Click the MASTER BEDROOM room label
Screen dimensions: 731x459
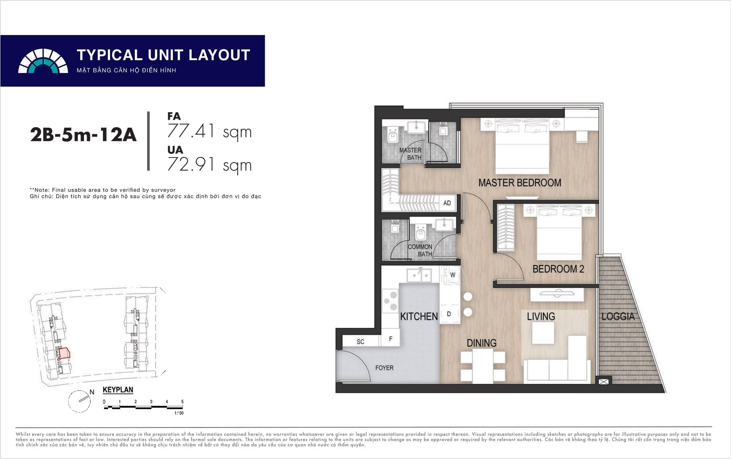520,183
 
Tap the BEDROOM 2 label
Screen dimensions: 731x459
558,269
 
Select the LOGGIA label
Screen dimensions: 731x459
618,317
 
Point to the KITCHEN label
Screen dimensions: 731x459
419,317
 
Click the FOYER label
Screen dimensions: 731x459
384,368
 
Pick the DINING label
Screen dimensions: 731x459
481,343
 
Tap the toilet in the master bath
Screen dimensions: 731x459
393,135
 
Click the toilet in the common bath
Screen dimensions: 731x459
421,232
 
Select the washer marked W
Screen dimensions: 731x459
451,275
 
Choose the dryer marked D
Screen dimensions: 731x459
449,314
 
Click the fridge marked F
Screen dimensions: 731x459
390,339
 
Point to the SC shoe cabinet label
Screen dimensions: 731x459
361,342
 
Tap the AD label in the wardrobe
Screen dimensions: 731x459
447,203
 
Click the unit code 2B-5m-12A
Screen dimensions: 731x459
83,135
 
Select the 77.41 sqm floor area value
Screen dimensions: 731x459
209,131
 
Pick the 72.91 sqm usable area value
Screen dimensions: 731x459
209,164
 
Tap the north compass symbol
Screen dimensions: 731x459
80,401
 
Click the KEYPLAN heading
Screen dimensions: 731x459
118,390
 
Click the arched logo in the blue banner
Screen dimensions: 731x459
43,61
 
